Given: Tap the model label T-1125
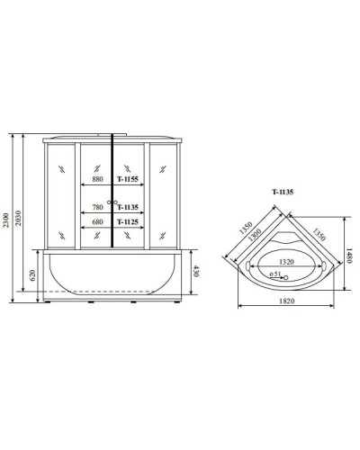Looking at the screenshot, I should [130, 220].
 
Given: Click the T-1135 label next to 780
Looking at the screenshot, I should [130, 205].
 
